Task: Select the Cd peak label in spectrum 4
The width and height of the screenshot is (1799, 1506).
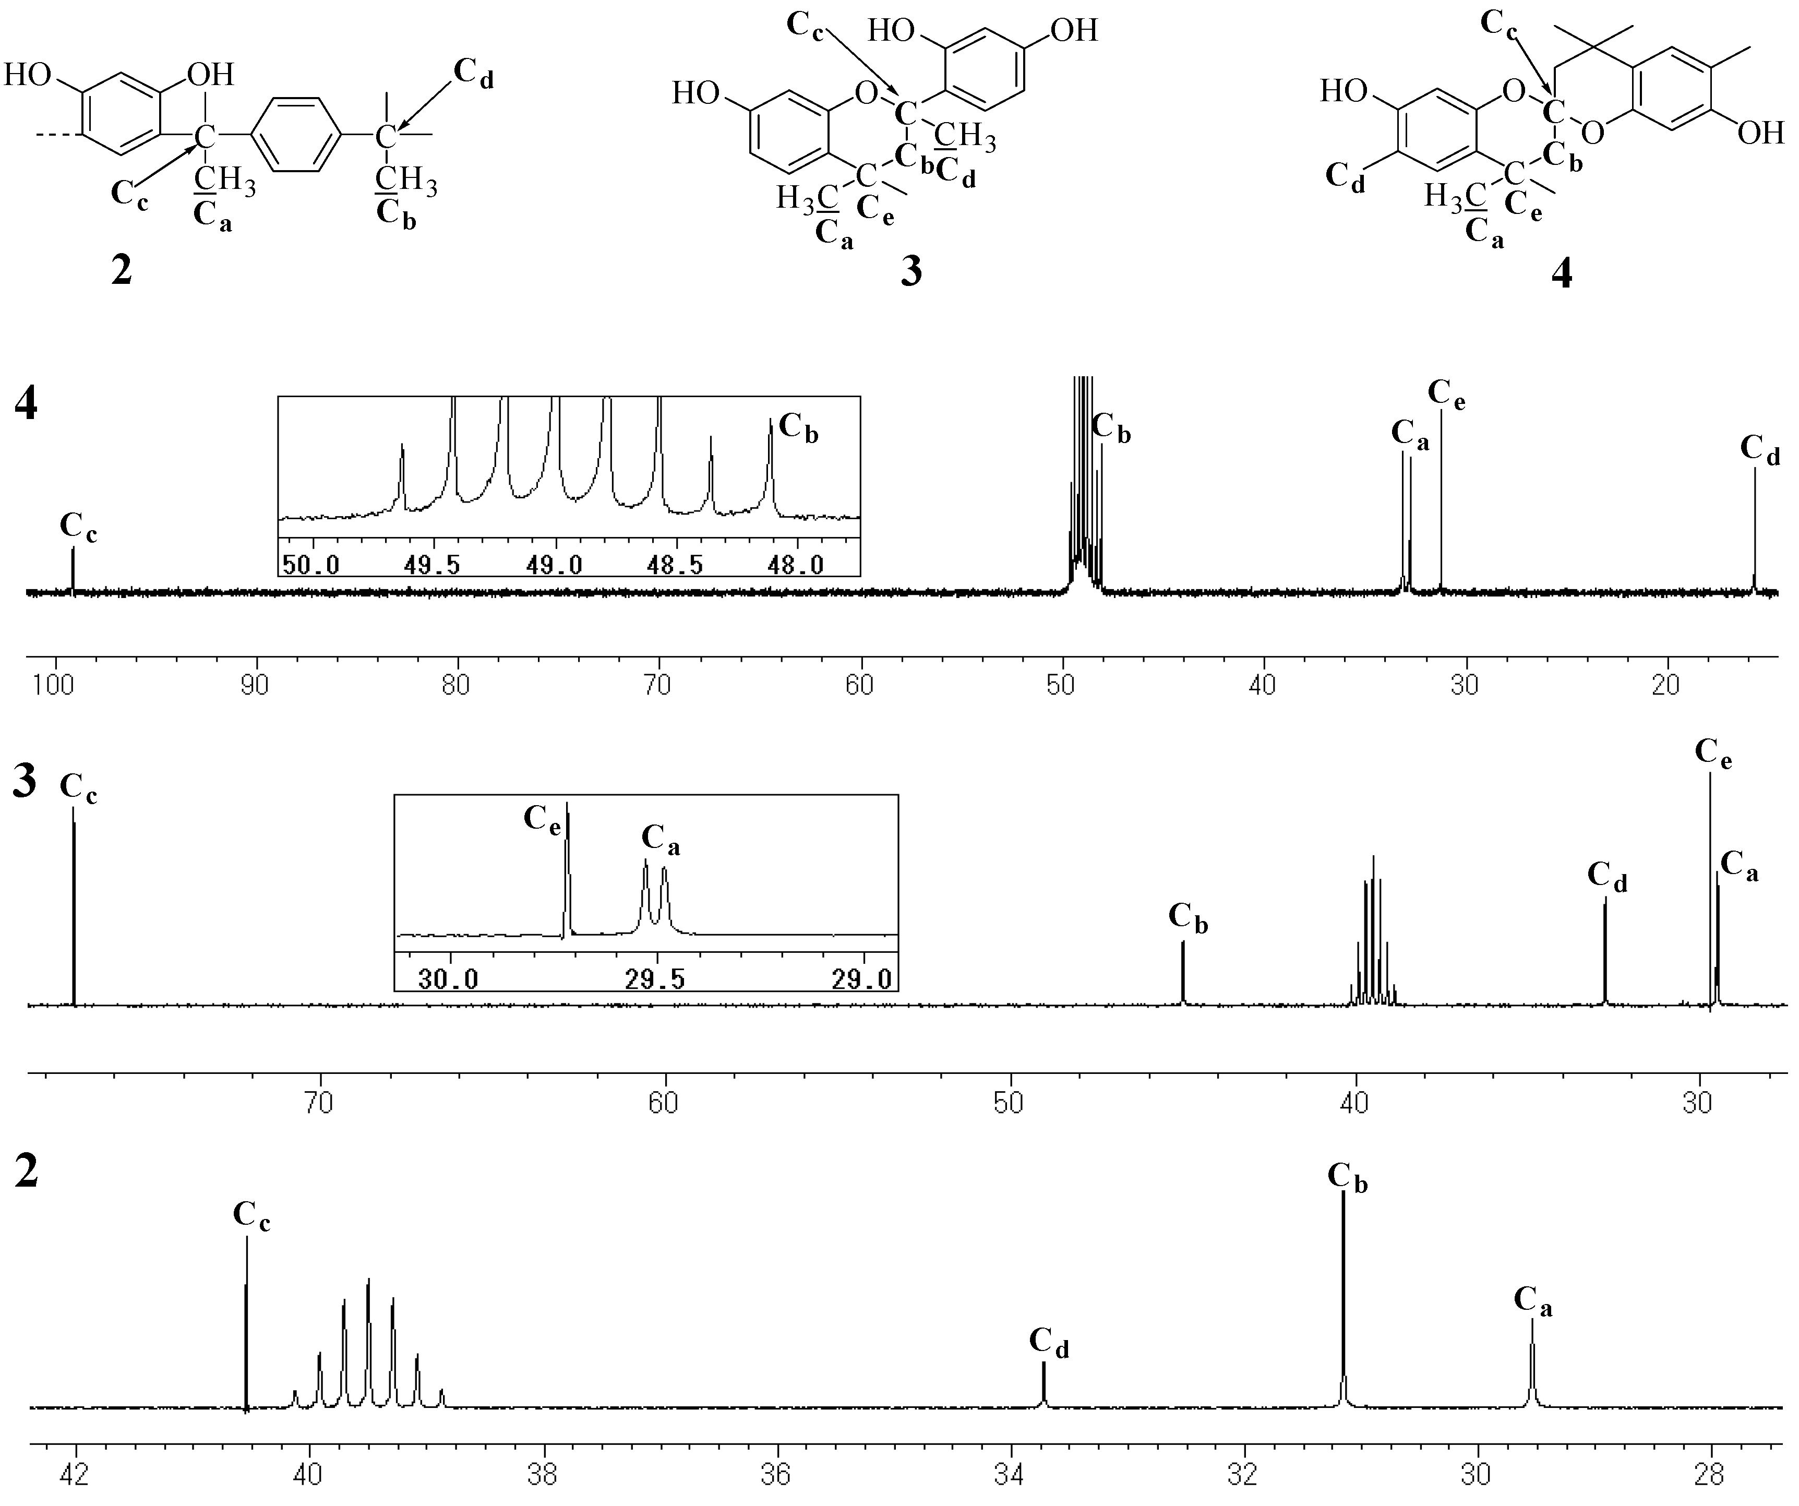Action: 1760,450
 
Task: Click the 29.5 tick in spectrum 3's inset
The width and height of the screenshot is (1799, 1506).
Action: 654,979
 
